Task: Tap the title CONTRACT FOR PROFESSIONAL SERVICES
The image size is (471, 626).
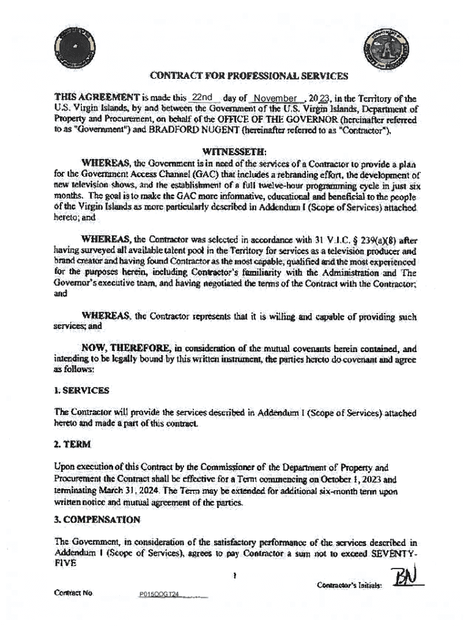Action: (x=249, y=76)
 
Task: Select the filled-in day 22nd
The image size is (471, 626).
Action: (x=201, y=97)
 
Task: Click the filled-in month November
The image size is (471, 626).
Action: (x=278, y=98)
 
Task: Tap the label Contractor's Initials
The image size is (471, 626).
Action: (x=349, y=586)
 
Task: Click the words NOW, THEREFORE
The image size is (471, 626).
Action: (x=119, y=348)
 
